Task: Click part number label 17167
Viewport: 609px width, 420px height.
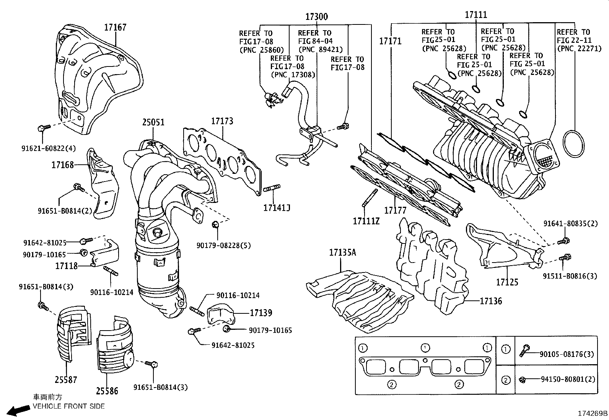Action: pyautogui.click(x=115, y=27)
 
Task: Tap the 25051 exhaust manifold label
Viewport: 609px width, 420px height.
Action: pyautogui.click(x=153, y=122)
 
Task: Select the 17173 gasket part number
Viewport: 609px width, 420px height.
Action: pyautogui.click(x=222, y=121)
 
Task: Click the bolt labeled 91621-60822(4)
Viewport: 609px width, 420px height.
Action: pyautogui.click(x=42, y=128)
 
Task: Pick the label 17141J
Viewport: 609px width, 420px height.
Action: pyautogui.click(x=276, y=208)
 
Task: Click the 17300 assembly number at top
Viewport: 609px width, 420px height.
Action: pyautogui.click(x=316, y=17)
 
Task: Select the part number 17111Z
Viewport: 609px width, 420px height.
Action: pyautogui.click(x=366, y=221)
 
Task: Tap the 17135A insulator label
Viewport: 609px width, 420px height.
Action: pyautogui.click(x=342, y=252)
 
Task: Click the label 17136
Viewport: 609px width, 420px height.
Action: pyautogui.click(x=491, y=301)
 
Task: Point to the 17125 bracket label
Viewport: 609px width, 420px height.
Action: pyautogui.click(x=507, y=282)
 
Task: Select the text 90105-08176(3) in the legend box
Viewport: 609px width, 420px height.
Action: pyautogui.click(x=567, y=354)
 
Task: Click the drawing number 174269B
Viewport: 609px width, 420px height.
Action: pyautogui.click(x=592, y=414)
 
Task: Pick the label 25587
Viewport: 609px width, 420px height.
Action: pyautogui.click(x=65, y=379)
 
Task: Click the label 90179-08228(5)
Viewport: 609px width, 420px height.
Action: pyautogui.click(x=224, y=245)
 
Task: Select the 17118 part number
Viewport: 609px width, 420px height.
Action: pyautogui.click(x=67, y=266)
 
